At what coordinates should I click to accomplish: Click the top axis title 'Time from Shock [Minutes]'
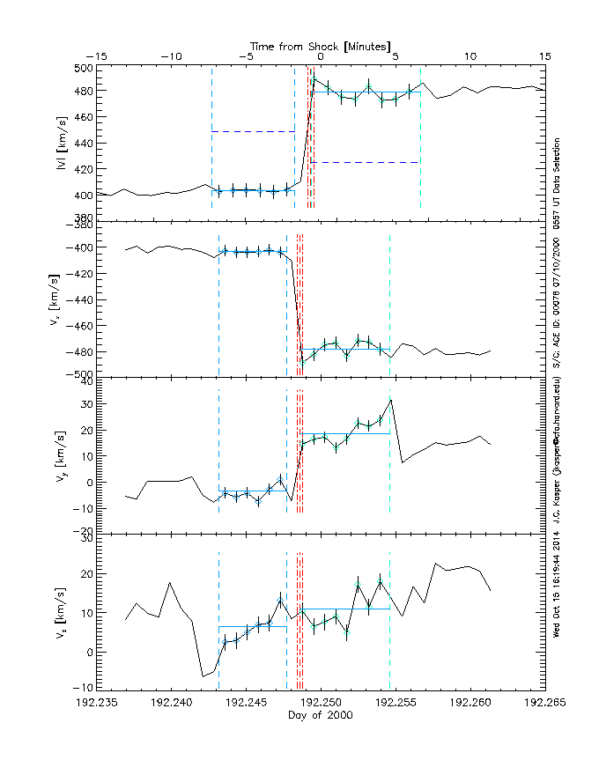click(x=321, y=45)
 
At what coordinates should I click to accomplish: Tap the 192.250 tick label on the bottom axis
click(x=321, y=703)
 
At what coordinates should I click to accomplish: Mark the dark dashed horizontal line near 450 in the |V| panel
click(x=253, y=131)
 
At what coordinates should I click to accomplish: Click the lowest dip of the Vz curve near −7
click(x=203, y=675)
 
